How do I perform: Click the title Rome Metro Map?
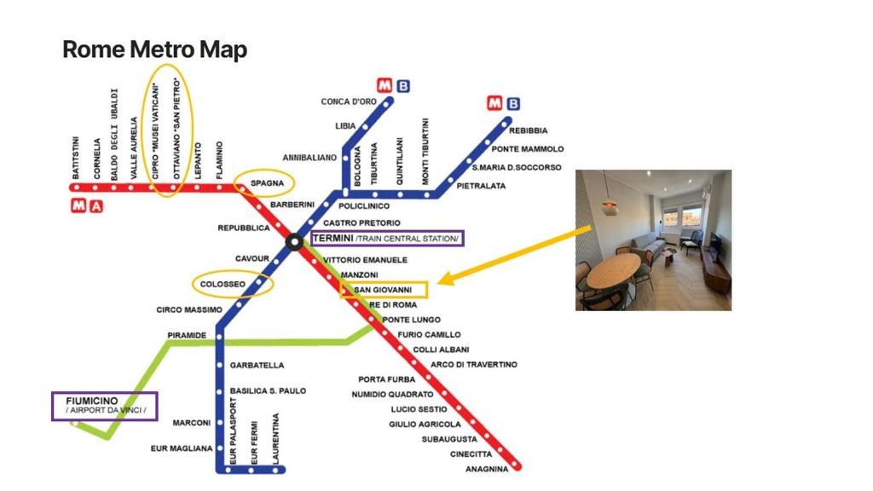click(x=154, y=49)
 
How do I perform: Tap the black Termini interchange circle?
click(x=294, y=242)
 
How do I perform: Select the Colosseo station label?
click(x=223, y=284)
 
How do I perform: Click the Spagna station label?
click(x=267, y=183)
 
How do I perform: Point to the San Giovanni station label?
click(x=383, y=290)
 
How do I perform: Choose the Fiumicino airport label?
click(x=105, y=405)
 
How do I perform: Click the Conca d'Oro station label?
click(x=349, y=102)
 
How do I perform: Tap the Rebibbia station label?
click(x=529, y=130)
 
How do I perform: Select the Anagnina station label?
click(x=487, y=470)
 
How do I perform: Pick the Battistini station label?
click(x=76, y=158)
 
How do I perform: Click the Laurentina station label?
click(x=275, y=438)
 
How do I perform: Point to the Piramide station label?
click(x=187, y=336)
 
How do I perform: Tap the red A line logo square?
click(x=96, y=206)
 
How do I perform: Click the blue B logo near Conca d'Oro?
click(x=403, y=86)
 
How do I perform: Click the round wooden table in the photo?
click(x=614, y=270)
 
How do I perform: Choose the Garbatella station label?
click(x=257, y=366)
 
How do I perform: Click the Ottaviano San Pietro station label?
click(x=176, y=129)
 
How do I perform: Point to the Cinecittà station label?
click(x=471, y=454)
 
